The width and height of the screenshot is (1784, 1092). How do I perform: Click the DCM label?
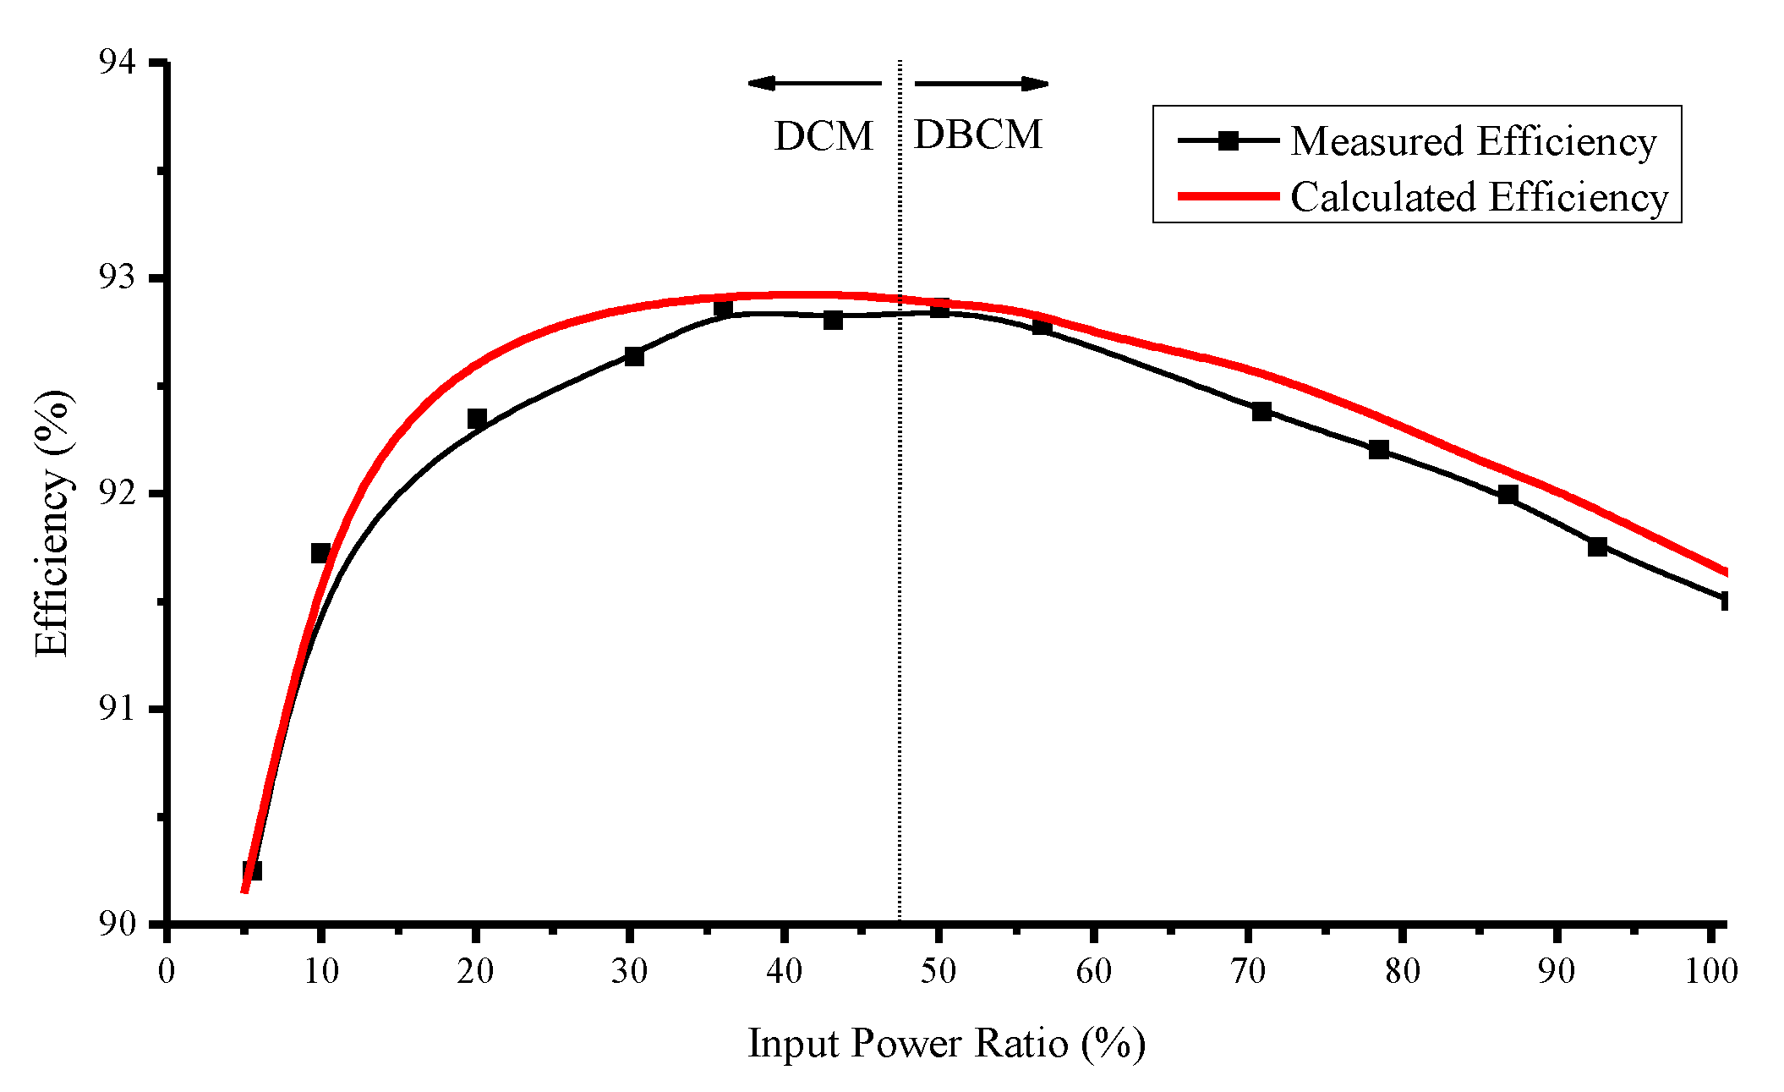824,136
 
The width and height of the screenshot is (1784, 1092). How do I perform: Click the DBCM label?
978,134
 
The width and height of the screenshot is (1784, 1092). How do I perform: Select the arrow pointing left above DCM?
813,83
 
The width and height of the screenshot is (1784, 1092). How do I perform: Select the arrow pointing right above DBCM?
982,83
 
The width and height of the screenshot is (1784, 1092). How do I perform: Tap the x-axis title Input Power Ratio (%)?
946,1042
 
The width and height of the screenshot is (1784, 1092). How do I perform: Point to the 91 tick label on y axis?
117,708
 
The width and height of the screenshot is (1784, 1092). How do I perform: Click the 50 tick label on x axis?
939,970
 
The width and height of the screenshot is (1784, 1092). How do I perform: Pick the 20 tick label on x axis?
475,970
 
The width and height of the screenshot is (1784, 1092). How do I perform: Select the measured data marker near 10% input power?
320,553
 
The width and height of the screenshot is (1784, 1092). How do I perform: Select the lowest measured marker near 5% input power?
251,870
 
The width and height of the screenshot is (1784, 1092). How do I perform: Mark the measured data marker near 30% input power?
634,356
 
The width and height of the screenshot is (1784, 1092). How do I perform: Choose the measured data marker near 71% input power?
1261,411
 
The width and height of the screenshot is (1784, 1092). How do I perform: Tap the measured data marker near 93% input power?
1597,546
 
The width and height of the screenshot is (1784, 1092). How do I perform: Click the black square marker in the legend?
1229,140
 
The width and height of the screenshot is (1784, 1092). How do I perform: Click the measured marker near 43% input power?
833,320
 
